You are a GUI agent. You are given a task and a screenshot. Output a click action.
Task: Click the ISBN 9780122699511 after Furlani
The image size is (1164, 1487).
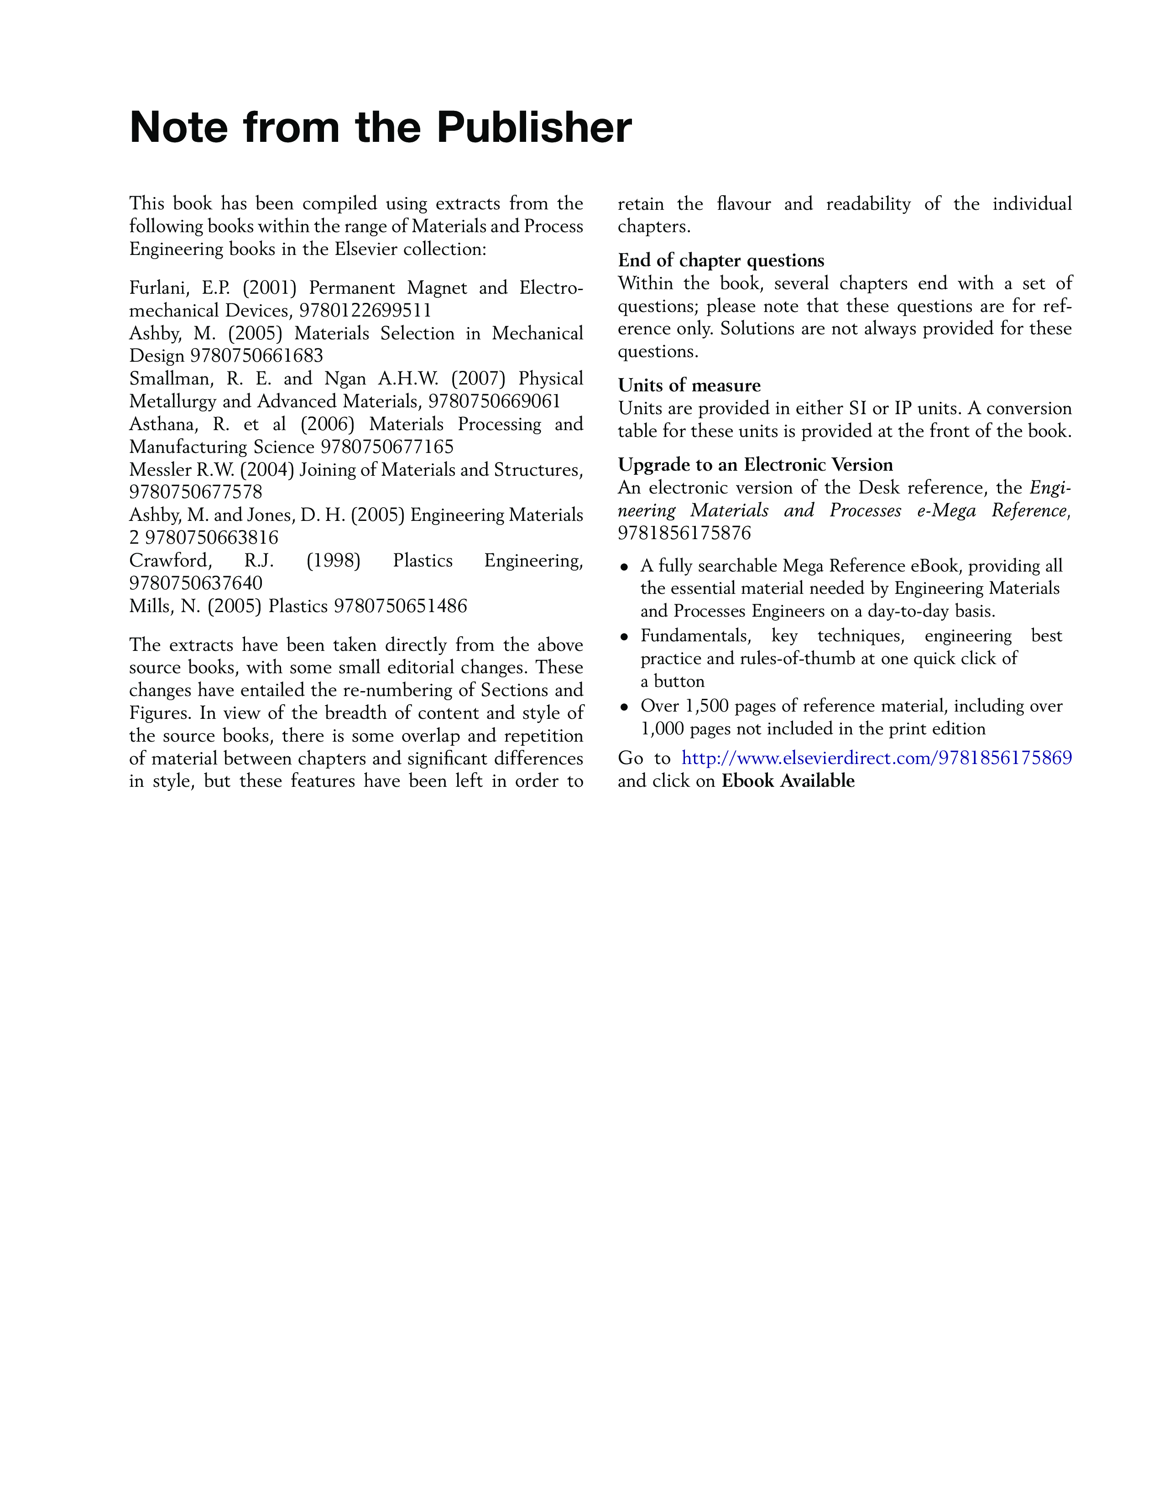(x=365, y=311)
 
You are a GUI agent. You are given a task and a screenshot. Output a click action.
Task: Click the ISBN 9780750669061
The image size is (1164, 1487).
(x=494, y=401)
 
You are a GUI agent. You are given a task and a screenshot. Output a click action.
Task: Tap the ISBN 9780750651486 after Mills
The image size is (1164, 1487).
(x=401, y=606)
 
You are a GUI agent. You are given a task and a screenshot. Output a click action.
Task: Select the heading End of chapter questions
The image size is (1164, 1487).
(x=721, y=261)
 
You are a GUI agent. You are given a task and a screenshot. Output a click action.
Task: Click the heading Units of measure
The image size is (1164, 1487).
(x=689, y=385)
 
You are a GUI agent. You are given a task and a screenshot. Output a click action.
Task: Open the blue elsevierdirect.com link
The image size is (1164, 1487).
(x=877, y=758)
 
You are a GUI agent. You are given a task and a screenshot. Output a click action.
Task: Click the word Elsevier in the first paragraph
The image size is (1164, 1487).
(x=365, y=250)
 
